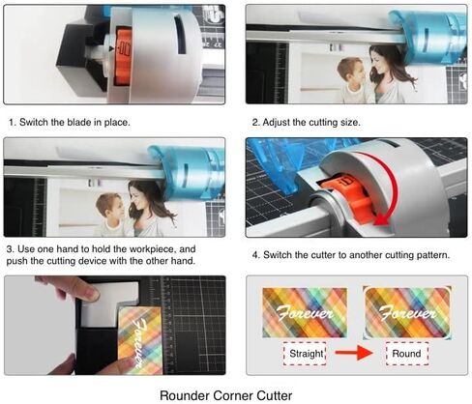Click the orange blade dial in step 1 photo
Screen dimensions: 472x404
(x=123, y=56)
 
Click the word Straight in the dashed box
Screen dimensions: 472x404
(x=306, y=354)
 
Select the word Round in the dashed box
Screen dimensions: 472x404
(x=406, y=354)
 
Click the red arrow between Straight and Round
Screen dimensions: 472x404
(x=354, y=353)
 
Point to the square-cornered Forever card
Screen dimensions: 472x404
(x=305, y=312)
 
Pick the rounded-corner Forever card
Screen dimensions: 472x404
(x=407, y=313)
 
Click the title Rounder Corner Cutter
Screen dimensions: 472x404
(x=226, y=395)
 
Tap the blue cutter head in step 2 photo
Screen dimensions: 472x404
(x=428, y=36)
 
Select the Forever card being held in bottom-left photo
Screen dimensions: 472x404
(x=139, y=340)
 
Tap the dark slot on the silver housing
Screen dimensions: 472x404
(x=180, y=35)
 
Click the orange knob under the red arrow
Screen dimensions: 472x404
(x=349, y=196)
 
